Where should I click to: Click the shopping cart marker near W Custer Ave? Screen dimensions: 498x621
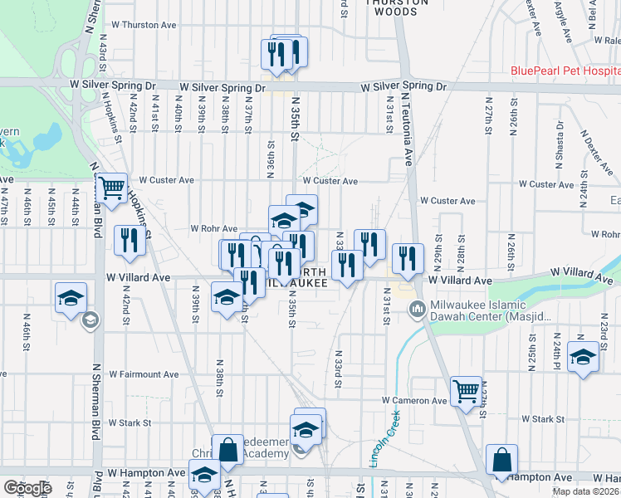pos(110,187)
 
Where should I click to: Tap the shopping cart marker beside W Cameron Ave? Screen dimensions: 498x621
pos(466,390)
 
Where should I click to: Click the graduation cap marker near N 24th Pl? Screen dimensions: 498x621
pos(583,358)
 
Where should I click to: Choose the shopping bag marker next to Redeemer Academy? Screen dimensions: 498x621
pos(227,450)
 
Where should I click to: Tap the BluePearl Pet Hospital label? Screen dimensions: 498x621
pos(565,72)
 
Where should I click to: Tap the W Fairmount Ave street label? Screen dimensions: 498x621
pos(143,374)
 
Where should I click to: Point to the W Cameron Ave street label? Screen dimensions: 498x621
pos(414,400)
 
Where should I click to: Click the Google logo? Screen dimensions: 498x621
pos(27,488)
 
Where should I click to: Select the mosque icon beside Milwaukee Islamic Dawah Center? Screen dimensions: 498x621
pos(418,310)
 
